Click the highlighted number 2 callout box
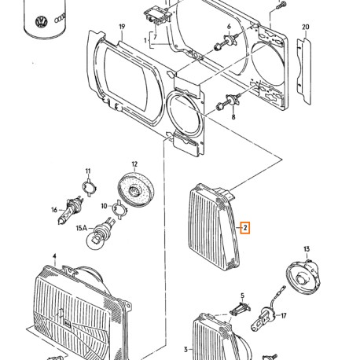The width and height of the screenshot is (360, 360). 246,229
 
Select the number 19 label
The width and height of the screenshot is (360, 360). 122,28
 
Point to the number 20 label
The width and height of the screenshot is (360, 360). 306,28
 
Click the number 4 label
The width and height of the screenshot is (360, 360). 53,256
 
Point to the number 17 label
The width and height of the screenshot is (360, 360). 284,317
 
